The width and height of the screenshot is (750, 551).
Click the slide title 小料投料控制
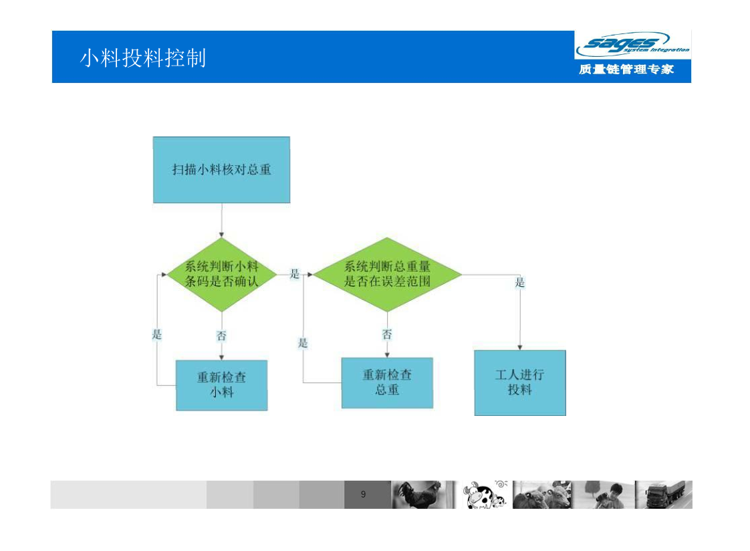pos(142,58)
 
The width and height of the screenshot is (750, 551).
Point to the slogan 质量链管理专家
pos(626,70)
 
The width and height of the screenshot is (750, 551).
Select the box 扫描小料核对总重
pos(221,170)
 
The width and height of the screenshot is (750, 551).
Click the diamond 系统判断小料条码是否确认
pos(221,275)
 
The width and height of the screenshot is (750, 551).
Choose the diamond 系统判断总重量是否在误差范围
pos(388,274)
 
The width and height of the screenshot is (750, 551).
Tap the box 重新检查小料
pos(221,385)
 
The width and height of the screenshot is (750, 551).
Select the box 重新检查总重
pos(388,382)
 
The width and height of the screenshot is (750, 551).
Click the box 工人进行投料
pos(520,382)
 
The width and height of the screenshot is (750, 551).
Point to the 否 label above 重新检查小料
pos(221,336)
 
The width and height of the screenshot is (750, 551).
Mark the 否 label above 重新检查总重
pos(387,334)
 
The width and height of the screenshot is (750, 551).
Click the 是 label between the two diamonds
pos(295,273)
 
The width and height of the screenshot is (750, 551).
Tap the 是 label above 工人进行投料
pos(520,282)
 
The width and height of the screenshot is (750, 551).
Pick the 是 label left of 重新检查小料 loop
pos(157,334)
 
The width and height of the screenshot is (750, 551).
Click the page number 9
pos(364,494)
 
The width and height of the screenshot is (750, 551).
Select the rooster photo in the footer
pos(424,495)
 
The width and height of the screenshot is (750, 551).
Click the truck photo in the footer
pos(664,495)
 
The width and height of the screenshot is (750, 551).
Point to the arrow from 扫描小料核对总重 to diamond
pos(221,220)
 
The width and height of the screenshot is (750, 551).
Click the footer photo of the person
pos(604,495)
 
